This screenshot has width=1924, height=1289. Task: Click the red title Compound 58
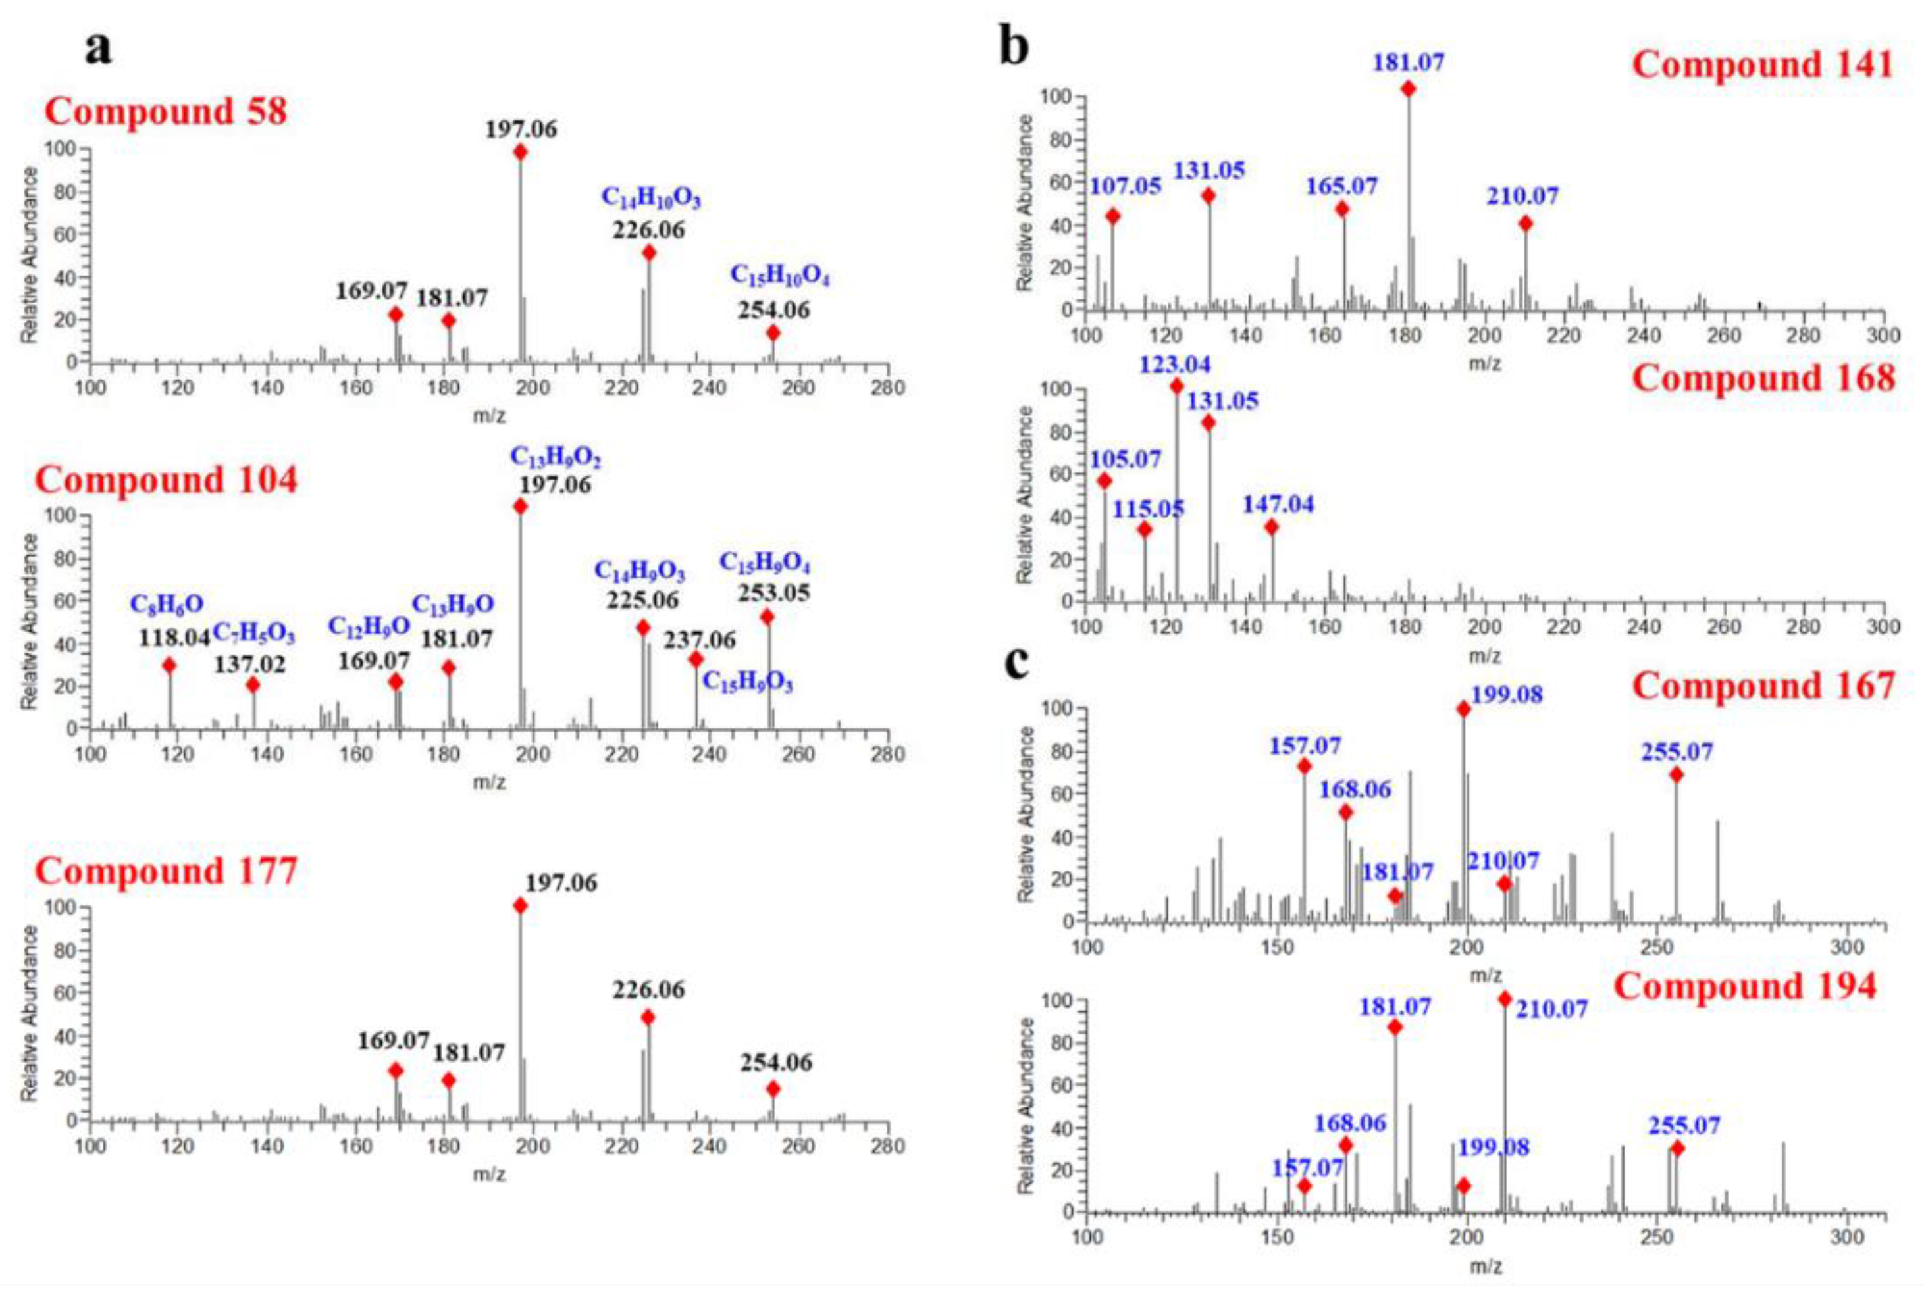coord(165,111)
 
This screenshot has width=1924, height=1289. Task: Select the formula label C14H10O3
coord(650,198)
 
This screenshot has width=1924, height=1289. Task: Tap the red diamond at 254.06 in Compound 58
coord(772,333)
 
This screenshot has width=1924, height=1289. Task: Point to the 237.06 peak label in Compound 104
coord(700,639)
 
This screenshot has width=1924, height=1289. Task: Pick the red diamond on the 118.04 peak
coord(169,665)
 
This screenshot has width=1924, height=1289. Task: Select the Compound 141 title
coord(1762,64)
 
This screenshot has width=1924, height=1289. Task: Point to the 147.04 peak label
coord(1278,504)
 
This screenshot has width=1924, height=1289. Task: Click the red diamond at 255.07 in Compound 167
coord(1676,774)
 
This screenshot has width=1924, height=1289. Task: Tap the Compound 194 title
coord(1745,986)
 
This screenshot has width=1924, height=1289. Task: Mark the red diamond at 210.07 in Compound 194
coord(1505,999)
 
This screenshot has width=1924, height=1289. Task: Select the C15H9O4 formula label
coord(765,563)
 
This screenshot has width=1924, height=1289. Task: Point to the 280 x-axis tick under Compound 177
coord(887,1146)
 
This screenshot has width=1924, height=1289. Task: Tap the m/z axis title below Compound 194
coord(1485,1267)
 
